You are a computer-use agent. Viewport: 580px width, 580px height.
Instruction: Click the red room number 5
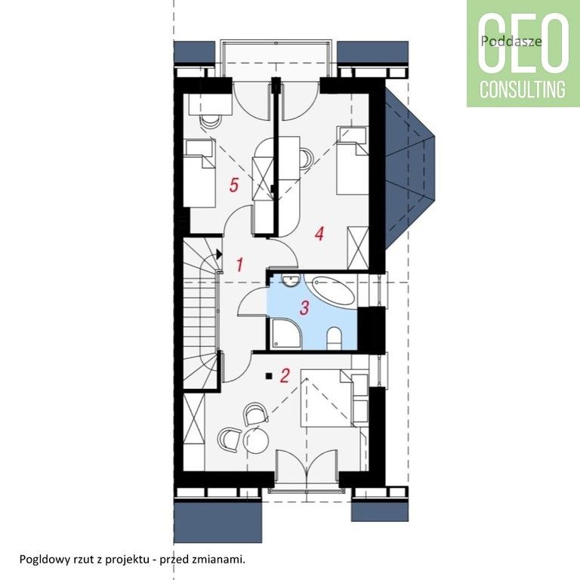[233, 185]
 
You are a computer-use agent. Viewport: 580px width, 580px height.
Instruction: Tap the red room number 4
[319, 234]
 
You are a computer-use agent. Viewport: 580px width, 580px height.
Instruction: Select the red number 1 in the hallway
[239, 265]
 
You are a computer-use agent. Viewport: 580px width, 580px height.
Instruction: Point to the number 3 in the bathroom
[304, 308]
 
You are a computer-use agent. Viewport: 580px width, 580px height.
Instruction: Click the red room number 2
[285, 375]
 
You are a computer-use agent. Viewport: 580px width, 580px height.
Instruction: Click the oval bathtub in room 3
[334, 291]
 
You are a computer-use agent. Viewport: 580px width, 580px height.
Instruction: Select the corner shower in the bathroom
[287, 334]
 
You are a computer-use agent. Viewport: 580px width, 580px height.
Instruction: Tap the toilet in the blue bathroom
[334, 338]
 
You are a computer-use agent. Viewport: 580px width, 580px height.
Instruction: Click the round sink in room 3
[290, 280]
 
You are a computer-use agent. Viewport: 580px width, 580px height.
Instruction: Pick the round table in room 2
[256, 440]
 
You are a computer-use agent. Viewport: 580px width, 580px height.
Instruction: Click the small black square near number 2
[269, 376]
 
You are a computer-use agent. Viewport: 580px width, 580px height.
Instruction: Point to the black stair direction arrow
[218, 254]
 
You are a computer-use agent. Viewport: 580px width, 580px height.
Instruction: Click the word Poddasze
[511, 41]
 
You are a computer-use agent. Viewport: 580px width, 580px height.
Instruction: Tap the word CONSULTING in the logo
[523, 89]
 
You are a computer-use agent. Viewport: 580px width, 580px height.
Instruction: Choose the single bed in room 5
[199, 173]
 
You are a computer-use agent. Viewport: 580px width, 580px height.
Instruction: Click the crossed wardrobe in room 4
[358, 248]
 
